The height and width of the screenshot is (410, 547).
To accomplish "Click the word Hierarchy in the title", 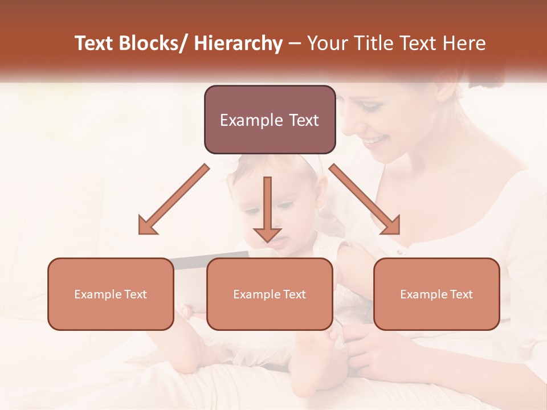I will pyautogui.click(x=238, y=43).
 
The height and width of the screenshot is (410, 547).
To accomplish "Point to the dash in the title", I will pyautogui.click(x=295, y=44).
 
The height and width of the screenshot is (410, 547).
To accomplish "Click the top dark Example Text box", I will pyautogui.click(x=270, y=120).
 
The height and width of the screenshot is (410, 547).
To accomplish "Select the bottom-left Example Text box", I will pyautogui.click(x=111, y=294).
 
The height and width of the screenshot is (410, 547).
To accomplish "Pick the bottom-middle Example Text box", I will pyautogui.click(x=270, y=294).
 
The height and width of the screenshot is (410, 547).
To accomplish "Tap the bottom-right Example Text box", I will pyautogui.click(x=436, y=294).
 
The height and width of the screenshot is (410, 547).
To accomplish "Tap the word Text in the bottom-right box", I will pyautogui.click(x=462, y=294).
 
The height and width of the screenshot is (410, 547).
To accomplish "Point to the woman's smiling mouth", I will pyautogui.click(x=376, y=140).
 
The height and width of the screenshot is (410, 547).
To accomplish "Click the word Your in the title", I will pyautogui.click(x=325, y=43).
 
